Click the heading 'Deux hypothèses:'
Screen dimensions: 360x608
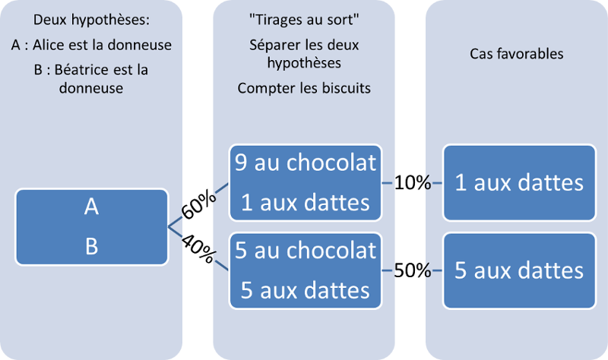pos(91,20)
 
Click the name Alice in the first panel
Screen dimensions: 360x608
pos(55,45)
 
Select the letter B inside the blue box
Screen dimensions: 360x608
pos(91,246)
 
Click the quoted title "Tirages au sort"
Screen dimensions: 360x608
pos(304,20)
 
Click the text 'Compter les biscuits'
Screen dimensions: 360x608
pos(304,88)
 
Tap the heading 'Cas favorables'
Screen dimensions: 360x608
pos(518,53)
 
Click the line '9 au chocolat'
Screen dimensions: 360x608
pos(306,163)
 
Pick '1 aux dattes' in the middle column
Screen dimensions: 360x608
pos(306,202)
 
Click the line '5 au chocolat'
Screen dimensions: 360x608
pos(306,251)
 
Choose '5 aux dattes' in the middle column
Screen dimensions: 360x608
pos(306,289)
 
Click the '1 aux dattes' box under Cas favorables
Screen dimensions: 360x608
pos(519,182)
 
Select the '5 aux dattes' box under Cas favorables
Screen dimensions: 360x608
pos(519,270)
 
